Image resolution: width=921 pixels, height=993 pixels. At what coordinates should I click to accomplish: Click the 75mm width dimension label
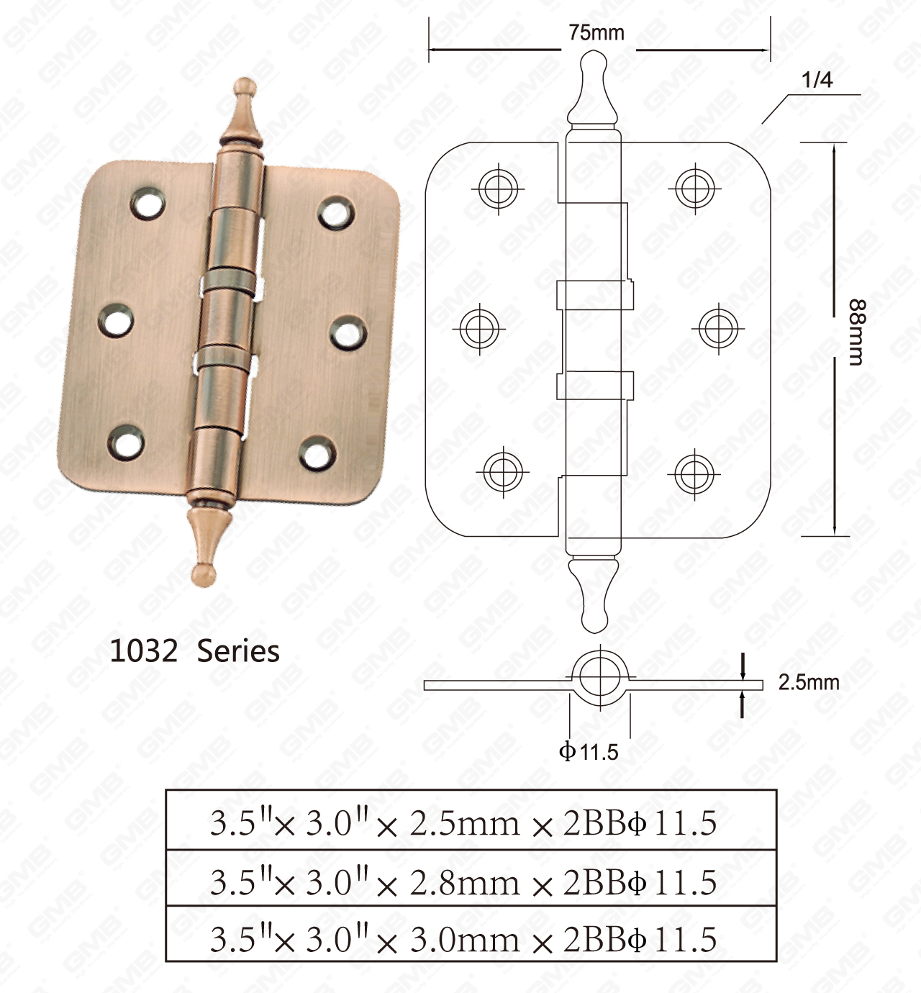596,33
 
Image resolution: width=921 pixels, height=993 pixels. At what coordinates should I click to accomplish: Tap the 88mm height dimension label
856,332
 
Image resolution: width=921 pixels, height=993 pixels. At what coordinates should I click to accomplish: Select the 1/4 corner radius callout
817,80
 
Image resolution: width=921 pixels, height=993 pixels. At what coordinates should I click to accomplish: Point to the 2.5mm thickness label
808,682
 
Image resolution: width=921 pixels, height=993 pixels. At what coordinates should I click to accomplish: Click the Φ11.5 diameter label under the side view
589,752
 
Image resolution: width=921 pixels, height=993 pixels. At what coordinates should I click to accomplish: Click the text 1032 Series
194,651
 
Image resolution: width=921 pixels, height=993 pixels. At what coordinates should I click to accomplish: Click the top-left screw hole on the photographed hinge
148,204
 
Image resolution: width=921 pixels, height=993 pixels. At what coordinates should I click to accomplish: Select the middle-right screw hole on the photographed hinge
348,334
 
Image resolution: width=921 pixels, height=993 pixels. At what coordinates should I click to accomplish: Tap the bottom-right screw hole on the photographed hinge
317,453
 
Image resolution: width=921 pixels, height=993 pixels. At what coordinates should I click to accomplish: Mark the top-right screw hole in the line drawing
694,189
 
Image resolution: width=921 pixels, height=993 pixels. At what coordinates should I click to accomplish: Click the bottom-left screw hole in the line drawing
502,471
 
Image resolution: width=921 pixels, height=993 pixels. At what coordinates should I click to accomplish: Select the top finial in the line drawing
593,86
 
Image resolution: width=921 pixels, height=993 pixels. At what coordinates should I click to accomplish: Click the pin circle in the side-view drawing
599,676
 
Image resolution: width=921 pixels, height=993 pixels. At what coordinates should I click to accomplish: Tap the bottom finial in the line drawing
594,594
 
